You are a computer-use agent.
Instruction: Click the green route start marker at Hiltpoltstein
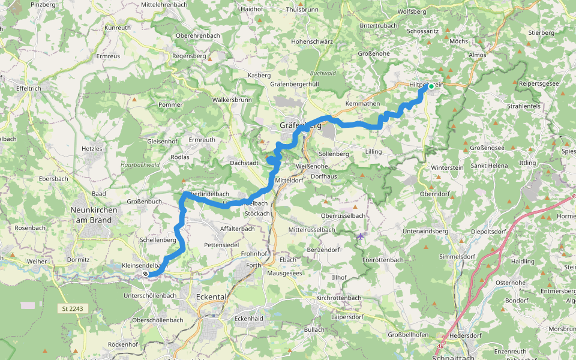[x=431, y=86]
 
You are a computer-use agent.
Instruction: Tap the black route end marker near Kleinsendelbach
[x=146, y=274]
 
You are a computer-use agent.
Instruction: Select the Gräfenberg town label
[x=300, y=125]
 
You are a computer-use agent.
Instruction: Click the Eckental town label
[x=213, y=296]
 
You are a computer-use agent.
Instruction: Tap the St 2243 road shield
[x=73, y=308]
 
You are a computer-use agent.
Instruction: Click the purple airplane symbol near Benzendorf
[x=361, y=236]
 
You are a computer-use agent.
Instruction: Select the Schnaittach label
[x=453, y=357]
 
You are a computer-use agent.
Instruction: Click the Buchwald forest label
[x=323, y=73]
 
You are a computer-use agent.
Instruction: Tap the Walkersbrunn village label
[x=232, y=99]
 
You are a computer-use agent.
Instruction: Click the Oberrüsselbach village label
[x=343, y=215]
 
